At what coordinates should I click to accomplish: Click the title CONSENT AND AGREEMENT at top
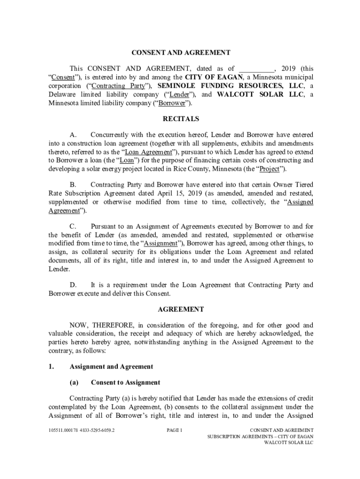181,53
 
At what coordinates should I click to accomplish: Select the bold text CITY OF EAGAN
214,77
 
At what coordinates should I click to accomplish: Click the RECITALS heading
181,119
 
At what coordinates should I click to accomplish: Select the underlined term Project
270,169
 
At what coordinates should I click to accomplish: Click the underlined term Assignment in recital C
160,244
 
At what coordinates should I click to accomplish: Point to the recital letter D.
73,285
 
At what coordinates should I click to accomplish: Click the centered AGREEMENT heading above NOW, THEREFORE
181,309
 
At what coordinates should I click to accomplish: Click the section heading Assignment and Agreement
111,367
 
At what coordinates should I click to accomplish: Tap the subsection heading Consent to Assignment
125,383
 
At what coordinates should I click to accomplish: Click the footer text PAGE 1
174,430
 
